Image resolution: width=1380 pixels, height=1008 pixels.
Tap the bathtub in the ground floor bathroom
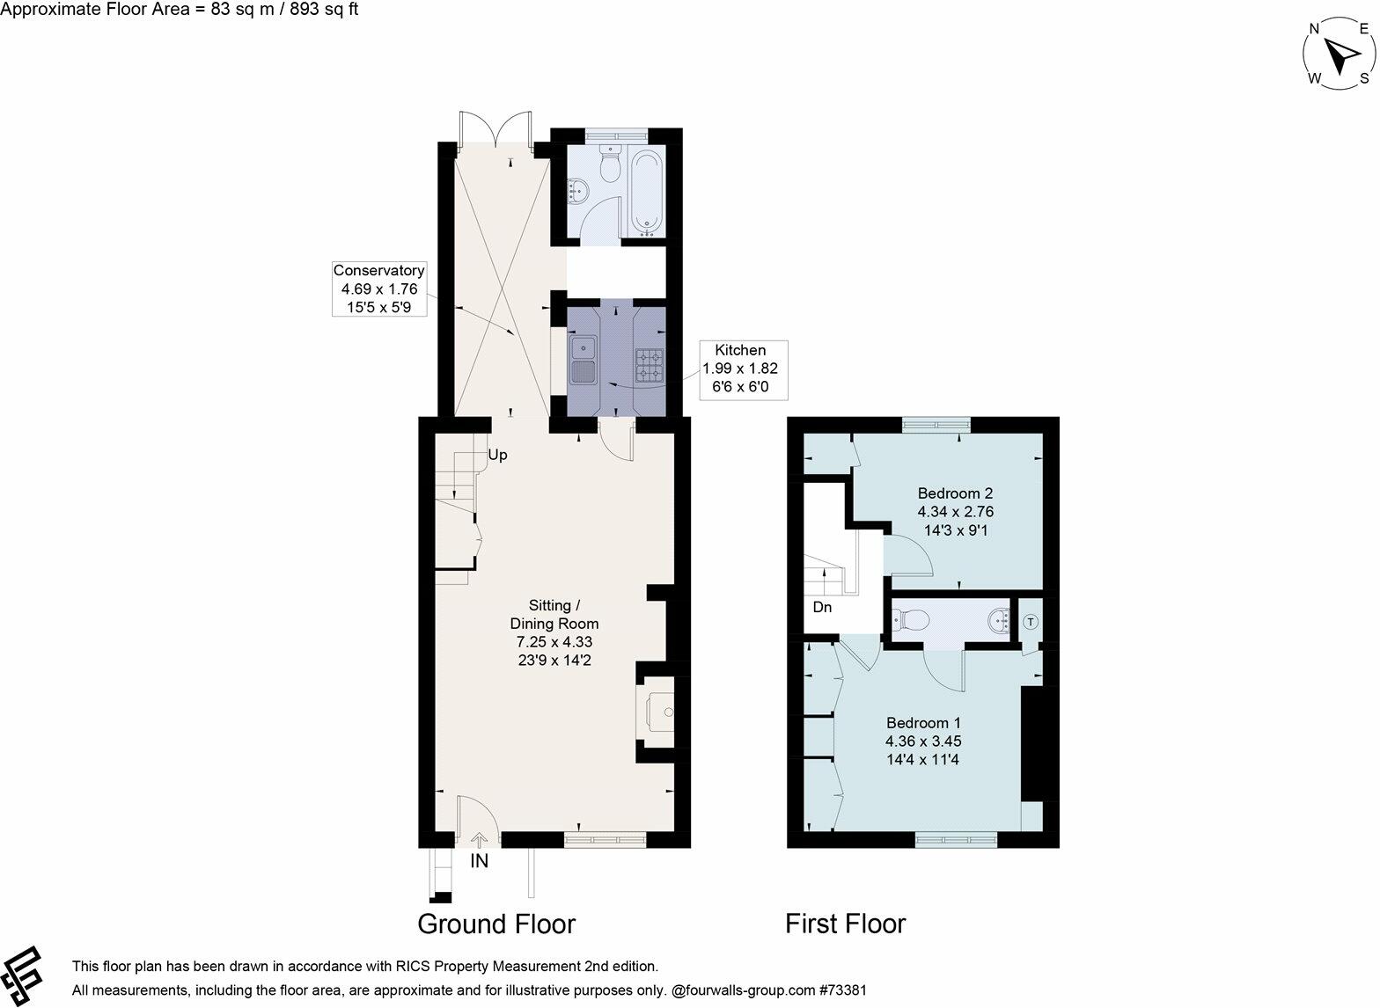pos(648,194)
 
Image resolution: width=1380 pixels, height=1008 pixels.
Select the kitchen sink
pos(583,359)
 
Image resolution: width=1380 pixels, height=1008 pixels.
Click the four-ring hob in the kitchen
pos(649,364)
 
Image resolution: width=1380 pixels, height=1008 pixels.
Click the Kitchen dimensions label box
pos(739,369)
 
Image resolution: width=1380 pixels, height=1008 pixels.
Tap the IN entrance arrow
pos(479,842)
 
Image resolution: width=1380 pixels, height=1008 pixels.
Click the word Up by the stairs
pos(497,456)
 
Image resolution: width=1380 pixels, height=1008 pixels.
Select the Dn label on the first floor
pos(822,607)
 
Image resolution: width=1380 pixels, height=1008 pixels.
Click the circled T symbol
pos(1031,621)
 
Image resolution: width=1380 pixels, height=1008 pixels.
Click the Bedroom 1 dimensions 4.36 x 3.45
pos(922,741)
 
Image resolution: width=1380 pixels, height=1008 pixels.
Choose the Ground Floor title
pos(495,924)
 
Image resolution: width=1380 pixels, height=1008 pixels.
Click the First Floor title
pos(845,924)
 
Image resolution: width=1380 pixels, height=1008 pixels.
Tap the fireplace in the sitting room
pos(657,709)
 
